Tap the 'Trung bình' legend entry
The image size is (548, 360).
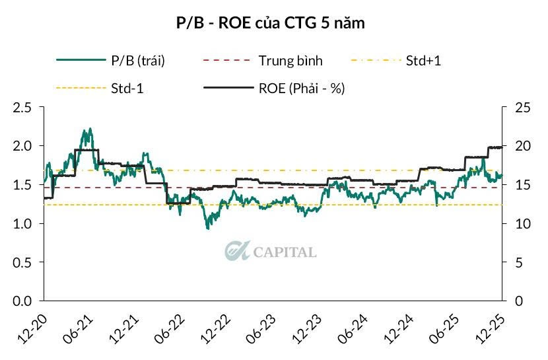tap(291, 61)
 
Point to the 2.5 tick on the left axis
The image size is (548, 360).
tap(24, 107)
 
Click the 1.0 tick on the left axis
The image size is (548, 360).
tap(24, 224)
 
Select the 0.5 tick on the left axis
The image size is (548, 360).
tap(24, 263)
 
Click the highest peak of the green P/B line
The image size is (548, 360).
tap(90, 129)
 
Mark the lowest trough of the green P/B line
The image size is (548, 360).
tap(209, 229)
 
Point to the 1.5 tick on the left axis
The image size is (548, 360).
tap(24, 185)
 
